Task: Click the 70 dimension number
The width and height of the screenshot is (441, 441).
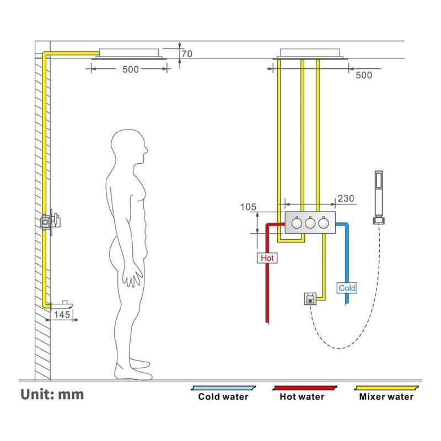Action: pos(186,54)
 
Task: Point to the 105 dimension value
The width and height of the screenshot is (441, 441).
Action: pos(248,207)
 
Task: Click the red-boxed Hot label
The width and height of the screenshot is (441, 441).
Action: pos(267,257)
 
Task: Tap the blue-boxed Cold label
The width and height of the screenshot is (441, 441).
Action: pos(347,288)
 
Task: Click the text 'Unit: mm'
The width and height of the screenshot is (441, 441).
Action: pos(52,394)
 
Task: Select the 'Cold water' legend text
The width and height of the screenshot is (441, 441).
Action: pos(223,396)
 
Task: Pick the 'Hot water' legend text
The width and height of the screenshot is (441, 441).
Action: pos(302,396)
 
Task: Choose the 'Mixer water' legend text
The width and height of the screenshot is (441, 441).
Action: pos(386,396)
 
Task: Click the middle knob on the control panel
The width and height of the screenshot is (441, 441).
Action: pos(310,223)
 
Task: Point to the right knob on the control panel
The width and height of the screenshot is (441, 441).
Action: pos(324,223)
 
